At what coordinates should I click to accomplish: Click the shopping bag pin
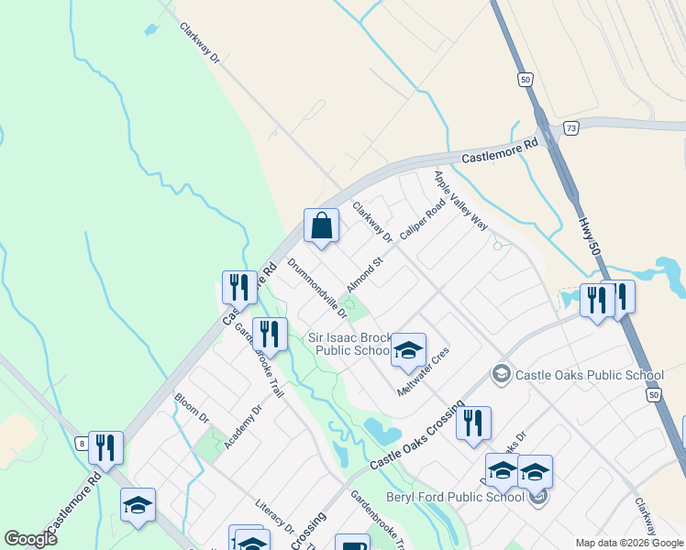(x=321, y=225)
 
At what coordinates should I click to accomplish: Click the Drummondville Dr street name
(x=317, y=287)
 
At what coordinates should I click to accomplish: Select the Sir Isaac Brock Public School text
(x=349, y=344)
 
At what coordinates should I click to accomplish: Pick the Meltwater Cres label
(x=421, y=371)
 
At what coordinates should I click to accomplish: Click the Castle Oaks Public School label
(x=589, y=375)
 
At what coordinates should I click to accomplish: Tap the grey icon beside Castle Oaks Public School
(x=501, y=374)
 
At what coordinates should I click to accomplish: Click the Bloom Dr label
(x=192, y=409)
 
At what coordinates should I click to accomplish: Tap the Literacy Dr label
(x=275, y=517)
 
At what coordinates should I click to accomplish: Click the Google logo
(x=30, y=538)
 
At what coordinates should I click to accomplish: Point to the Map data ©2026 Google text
(x=628, y=543)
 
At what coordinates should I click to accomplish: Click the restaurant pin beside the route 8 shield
(x=105, y=447)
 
